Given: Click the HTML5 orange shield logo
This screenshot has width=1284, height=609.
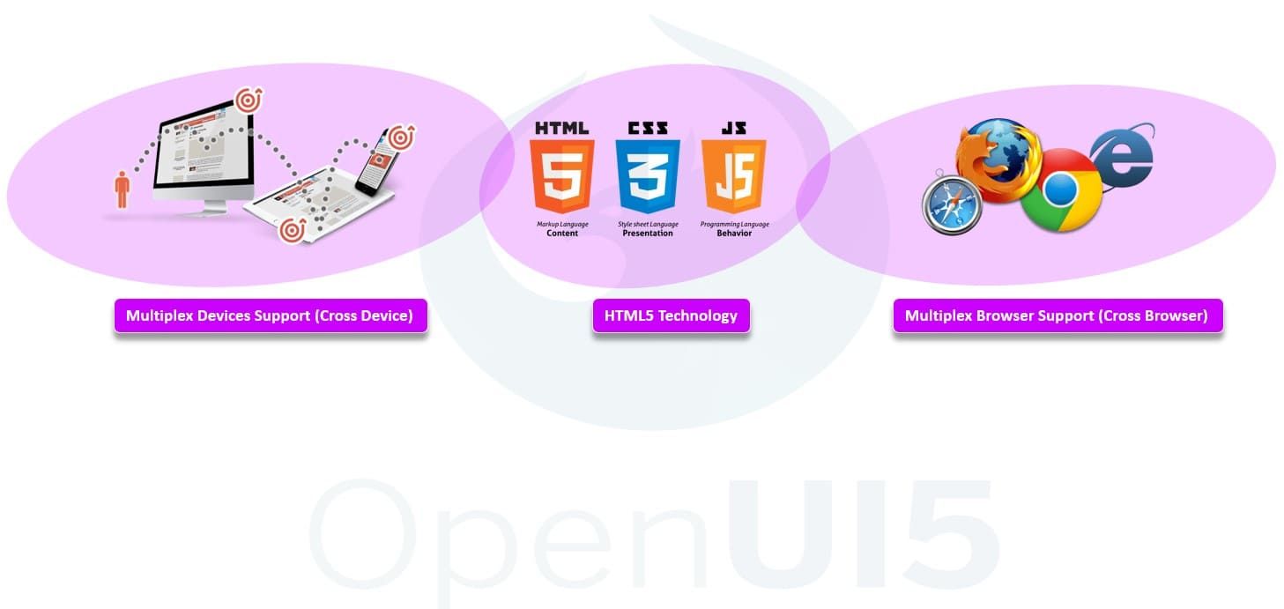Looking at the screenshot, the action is [x=561, y=176].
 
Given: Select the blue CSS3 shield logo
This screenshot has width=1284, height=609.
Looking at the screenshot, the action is [x=648, y=176].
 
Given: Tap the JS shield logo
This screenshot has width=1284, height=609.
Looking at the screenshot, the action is [x=734, y=176].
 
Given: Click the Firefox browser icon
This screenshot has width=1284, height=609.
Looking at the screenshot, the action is [x=998, y=160].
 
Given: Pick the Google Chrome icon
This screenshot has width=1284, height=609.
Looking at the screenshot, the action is [x=1061, y=190].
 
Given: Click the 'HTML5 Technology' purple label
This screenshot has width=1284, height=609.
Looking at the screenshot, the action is [x=672, y=316].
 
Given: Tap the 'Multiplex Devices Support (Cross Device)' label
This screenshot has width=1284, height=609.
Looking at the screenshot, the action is [x=271, y=316].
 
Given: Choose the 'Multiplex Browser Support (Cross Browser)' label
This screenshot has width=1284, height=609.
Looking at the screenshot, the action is [x=1058, y=316].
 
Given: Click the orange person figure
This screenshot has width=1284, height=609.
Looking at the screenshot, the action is [x=122, y=189].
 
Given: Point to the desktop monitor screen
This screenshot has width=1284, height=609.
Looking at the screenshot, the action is [x=203, y=149].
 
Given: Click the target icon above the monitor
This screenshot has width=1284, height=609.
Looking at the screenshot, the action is [x=249, y=101].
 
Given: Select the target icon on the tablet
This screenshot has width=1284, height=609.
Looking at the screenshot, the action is [x=293, y=231].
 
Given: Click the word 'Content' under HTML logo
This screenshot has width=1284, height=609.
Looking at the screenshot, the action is [x=562, y=234].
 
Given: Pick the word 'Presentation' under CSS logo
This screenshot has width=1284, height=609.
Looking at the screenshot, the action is [x=648, y=234].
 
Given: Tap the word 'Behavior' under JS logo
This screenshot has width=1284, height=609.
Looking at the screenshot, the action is [x=734, y=234].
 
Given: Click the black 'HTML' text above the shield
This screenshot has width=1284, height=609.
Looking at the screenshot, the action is [x=561, y=128].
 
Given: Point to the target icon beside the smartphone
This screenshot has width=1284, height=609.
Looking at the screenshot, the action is [x=401, y=137].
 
